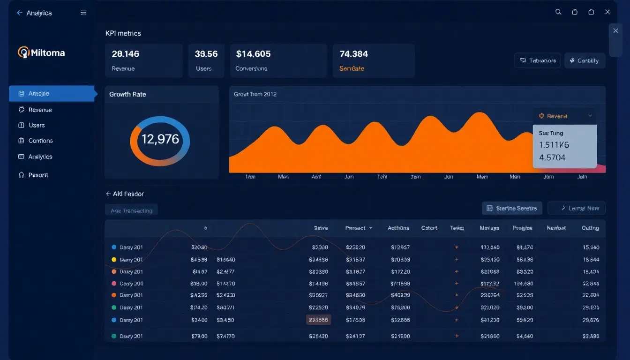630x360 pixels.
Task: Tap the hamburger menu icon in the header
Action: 83,13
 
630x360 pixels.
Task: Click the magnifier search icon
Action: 558,12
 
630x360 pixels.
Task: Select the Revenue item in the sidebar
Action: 40,110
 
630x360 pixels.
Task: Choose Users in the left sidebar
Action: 36,125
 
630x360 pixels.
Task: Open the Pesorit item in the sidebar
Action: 38,175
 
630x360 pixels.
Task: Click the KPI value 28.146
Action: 125,54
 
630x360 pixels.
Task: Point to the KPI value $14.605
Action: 253,54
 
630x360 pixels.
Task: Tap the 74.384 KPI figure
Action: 353,54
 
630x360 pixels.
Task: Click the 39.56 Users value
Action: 206,54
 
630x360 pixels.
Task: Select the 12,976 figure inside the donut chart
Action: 160,139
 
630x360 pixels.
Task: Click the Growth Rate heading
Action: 127,94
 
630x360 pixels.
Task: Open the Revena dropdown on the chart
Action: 564,116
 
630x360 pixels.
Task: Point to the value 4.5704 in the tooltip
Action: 552,157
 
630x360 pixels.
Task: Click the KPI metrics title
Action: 123,33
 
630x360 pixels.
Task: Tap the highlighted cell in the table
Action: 319,320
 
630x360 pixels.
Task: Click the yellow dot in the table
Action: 114,259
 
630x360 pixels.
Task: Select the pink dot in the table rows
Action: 114,284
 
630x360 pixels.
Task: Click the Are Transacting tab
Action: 131,210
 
